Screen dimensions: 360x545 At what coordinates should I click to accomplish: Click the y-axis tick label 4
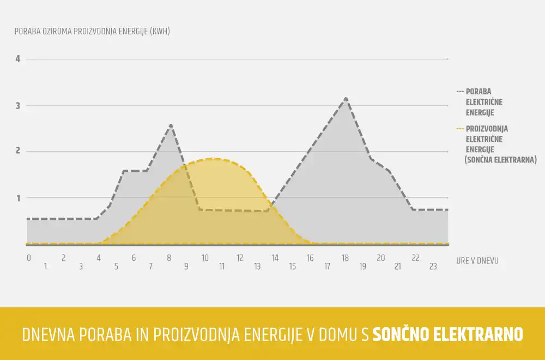[18, 59]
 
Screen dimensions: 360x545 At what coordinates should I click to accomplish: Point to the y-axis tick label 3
[18, 105]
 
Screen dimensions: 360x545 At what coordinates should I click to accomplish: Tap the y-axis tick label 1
[18, 198]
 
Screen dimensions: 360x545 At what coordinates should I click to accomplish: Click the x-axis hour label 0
[28, 258]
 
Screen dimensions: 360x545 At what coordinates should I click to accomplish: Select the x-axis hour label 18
[345, 258]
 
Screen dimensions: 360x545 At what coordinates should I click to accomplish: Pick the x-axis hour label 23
[433, 266]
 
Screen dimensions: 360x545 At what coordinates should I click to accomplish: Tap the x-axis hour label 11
[222, 266]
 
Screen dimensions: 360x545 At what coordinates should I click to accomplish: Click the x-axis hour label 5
[116, 266]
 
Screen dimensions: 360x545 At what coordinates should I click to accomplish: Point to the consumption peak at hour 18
[346, 99]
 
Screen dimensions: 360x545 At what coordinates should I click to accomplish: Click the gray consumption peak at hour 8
[171, 125]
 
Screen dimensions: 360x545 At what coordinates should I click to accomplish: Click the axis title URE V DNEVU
[477, 261]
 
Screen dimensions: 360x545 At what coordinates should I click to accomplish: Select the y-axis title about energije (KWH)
[92, 31]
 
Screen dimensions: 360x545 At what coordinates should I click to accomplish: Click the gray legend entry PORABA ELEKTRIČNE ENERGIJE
[480, 102]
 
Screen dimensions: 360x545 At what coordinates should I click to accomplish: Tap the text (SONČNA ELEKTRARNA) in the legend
[501, 160]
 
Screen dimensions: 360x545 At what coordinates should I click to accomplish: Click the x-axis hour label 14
[275, 258]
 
